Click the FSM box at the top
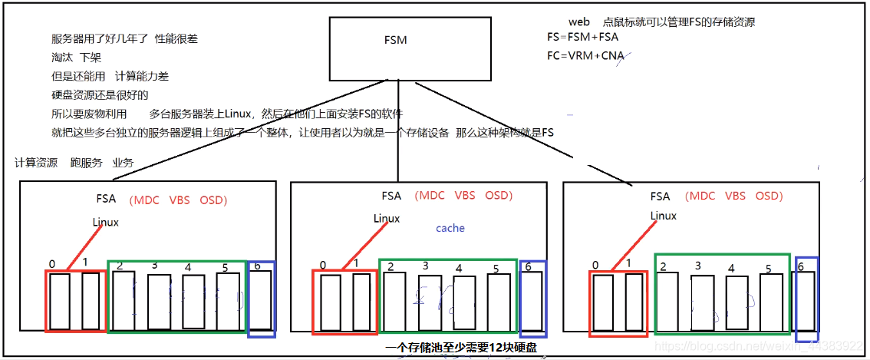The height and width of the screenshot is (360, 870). pyautogui.click(x=410, y=48)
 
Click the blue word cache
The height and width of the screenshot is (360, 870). pyautogui.click(x=450, y=228)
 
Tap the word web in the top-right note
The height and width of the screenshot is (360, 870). pyautogui.click(x=579, y=21)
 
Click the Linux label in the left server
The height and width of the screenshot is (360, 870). pyautogui.click(x=106, y=223)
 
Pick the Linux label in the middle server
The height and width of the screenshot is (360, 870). pyautogui.click(x=387, y=219)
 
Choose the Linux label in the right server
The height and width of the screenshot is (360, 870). pyautogui.click(x=664, y=216)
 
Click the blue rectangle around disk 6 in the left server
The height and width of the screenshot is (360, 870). pyautogui.click(x=262, y=299)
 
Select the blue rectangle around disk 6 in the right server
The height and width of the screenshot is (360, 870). pyautogui.click(x=807, y=299)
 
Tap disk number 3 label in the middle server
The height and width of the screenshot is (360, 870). pyautogui.click(x=425, y=266)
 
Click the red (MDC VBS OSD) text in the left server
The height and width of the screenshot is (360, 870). pyautogui.click(x=178, y=200)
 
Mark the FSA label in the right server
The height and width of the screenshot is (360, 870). pyautogui.click(x=660, y=197)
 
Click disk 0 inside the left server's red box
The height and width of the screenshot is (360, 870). pyautogui.click(x=60, y=301)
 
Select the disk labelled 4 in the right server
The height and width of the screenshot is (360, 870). pyautogui.click(x=737, y=302)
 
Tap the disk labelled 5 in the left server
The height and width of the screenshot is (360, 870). pyautogui.click(x=228, y=300)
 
